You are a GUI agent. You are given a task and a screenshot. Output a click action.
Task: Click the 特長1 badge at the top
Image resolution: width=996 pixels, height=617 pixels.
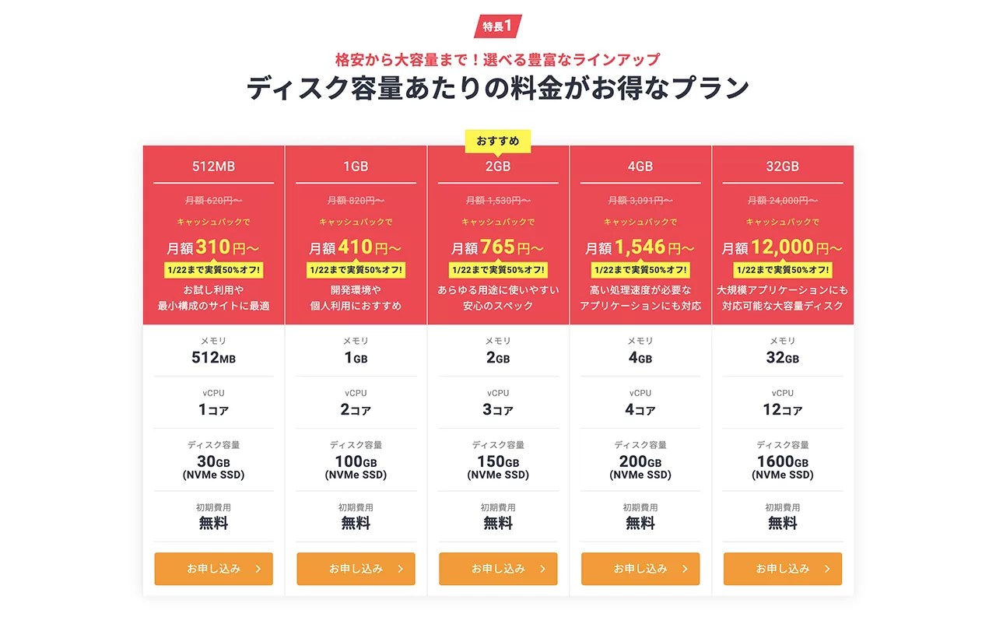tap(498, 26)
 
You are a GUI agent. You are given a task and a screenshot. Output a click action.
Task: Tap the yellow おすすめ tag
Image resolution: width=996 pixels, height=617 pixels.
tap(498, 141)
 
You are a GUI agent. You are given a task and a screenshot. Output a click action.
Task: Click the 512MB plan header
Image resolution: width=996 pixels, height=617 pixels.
tap(213, 167)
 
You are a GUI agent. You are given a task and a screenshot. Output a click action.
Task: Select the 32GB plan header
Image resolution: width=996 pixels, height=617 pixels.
tap(783, 167)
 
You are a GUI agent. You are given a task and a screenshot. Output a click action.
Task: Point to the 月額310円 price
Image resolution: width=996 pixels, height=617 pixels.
tap(214, 247)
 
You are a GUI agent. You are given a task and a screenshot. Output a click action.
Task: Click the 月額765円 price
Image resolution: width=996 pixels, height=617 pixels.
tap(498, 247)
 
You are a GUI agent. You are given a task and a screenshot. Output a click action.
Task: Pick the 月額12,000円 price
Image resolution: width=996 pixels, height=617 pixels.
tap(783, 247)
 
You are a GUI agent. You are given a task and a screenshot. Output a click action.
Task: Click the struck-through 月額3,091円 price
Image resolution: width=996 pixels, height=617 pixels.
tap(640, 200)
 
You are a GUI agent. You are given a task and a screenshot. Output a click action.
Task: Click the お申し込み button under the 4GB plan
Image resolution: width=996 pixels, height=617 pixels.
tap(640, 569)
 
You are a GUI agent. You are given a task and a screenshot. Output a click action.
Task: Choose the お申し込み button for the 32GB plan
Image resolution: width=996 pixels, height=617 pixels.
tap(783, 569)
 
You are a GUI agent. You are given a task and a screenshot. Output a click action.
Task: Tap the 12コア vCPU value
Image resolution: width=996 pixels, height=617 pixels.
tap(783, 410)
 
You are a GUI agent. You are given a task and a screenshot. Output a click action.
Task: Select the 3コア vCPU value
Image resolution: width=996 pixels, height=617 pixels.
tap(498, 410)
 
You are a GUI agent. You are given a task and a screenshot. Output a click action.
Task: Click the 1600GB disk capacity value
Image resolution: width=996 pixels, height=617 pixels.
tap(783, 462)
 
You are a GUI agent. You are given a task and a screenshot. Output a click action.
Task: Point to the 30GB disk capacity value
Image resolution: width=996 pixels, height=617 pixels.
tap(213, 462)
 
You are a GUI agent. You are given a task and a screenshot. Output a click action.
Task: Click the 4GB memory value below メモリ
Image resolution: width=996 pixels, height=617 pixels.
tap(640, 358)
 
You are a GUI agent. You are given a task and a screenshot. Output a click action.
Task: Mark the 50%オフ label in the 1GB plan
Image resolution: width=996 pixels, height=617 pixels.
tap(356, 270)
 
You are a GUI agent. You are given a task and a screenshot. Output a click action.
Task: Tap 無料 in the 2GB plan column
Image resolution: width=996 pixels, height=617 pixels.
tap(498, 524)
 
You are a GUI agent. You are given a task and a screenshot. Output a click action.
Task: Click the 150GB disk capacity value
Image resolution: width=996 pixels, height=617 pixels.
tap(498, 462)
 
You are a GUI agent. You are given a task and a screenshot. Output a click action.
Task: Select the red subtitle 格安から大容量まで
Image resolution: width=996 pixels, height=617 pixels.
tap(498, 59)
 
